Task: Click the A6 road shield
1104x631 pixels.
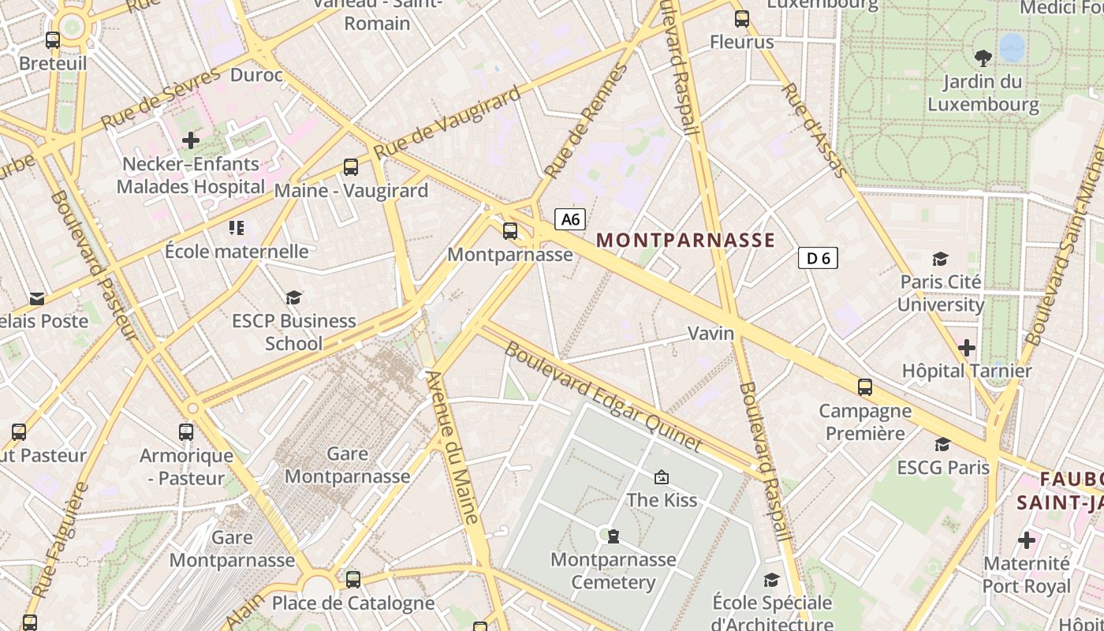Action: [x=569, y=218]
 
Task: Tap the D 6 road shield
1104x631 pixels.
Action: [x=817, y=258]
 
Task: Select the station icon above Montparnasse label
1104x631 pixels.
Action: [x=510, y=231]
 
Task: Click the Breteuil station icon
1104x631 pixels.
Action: [x=53, y=40]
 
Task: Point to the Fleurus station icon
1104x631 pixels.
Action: [x=742, y=19]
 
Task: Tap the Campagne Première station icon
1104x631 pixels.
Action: [x=865, y=387]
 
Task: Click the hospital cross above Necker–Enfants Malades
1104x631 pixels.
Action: [x=190, y=140]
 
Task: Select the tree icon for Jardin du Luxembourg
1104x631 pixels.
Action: [x=983, y=58]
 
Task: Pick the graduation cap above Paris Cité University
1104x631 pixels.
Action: [x=940, y=259]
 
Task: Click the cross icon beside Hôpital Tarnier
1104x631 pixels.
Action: [x=967, y=347]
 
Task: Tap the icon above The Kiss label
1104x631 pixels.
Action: [x=662, y=476]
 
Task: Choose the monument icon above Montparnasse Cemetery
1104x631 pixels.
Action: [x=613, y=536]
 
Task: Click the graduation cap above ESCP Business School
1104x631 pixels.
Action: [x=294, y=297]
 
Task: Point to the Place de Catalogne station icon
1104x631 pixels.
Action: [x=352, y=580]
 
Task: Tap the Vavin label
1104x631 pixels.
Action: [x=711, y=333]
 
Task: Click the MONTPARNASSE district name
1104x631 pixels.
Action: [x=685, y=241]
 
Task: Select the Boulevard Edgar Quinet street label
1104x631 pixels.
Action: [x=602, y=396]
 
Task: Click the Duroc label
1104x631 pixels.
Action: [x=256, y=75]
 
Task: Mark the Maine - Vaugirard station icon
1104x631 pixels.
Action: [x=351, y=167]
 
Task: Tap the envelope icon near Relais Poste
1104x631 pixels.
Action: [x=37, y=299]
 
